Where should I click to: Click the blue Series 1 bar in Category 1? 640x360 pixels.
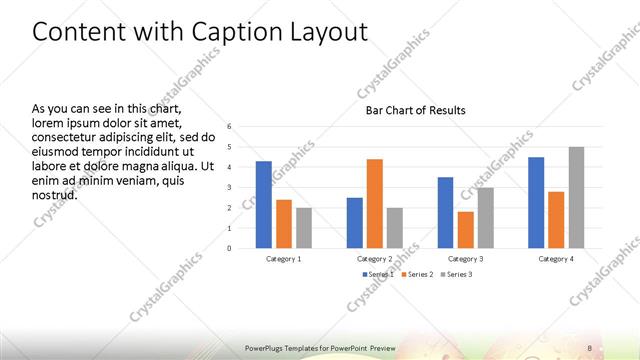click(264, 204)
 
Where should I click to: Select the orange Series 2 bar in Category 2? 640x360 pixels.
click(375, 203)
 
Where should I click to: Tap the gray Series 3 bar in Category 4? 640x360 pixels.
click(576, 197)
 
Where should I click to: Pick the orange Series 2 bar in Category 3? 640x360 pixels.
click(466, 229)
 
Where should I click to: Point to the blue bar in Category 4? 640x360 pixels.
click(536, 202)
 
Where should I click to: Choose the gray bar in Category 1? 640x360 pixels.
click(304, 227)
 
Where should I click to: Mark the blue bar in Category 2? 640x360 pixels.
click(355, 222)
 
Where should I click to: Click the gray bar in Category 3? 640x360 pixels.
click(486, 217)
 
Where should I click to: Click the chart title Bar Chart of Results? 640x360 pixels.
click(415, 110)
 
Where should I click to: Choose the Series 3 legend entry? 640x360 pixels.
click(456, 273)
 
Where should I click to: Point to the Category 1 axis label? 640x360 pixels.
click(284, 258)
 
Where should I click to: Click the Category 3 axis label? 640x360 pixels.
click(466, 258)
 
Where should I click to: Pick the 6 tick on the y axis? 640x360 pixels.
click(229, 127)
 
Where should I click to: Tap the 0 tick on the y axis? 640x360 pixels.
click(229, 248)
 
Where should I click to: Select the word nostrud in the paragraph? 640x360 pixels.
click(55, 194)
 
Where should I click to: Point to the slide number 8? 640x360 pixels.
click(590, 347)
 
